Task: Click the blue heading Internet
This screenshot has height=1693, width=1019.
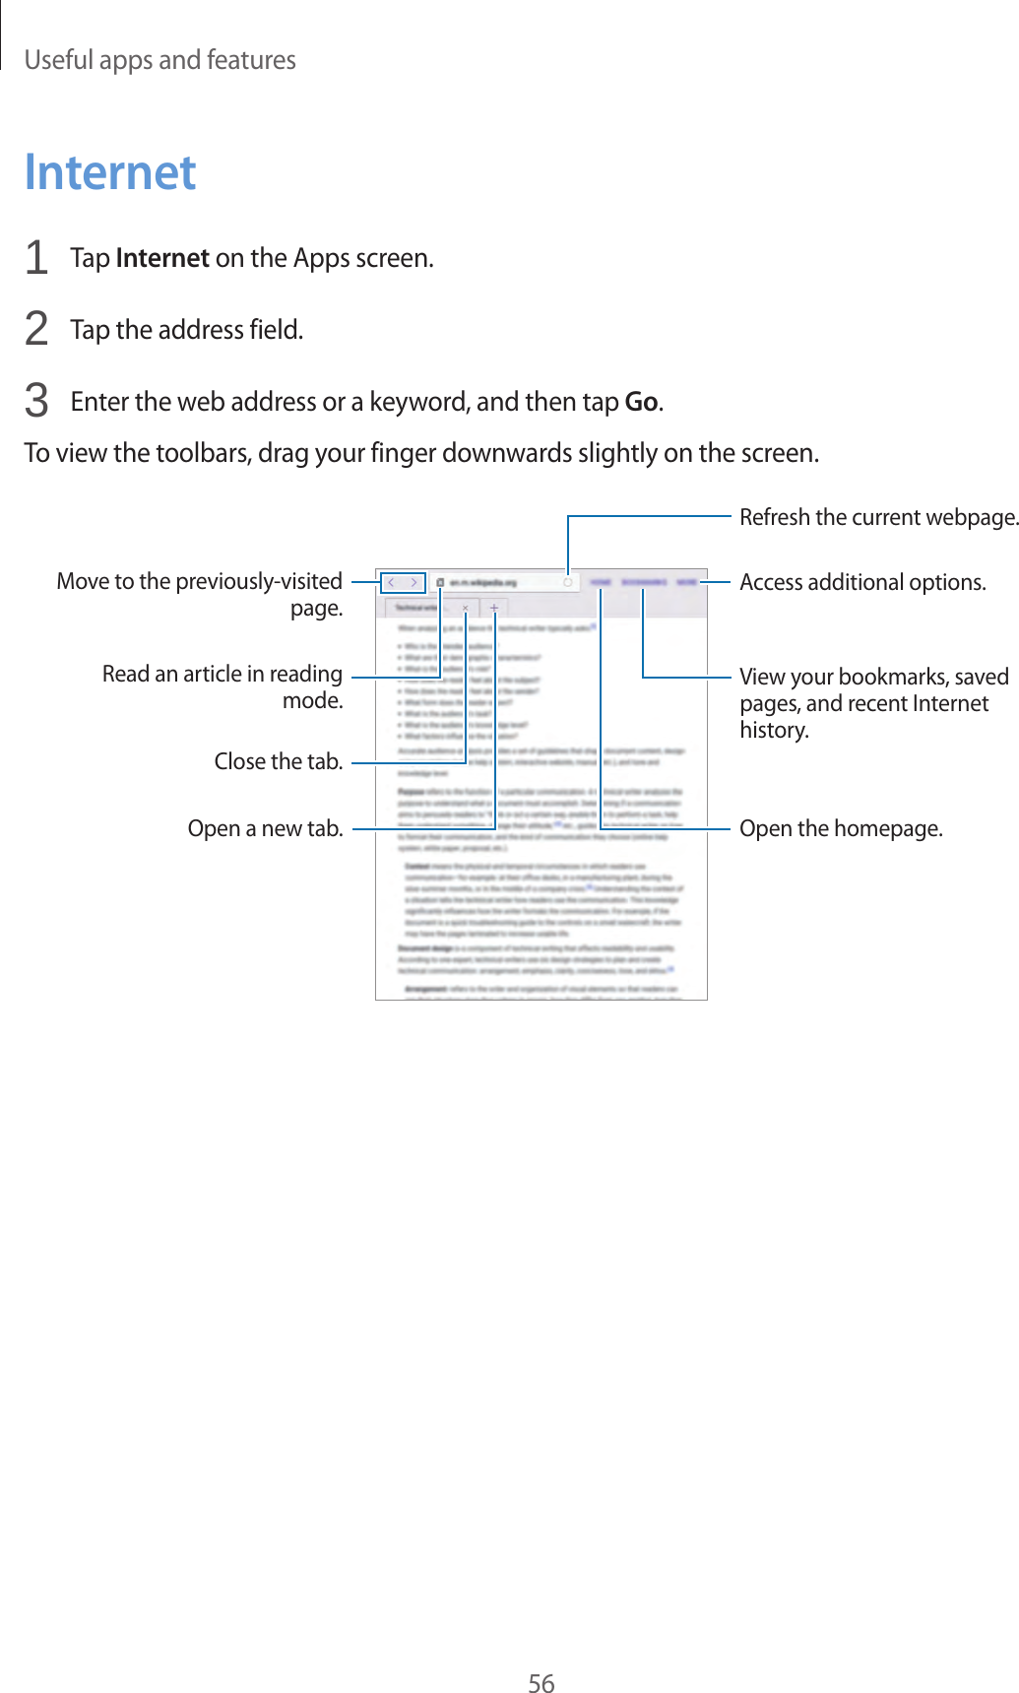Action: coord(110,172)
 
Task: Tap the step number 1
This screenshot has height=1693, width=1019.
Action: coord(36,258)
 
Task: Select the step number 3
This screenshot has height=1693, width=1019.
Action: coord(36,402)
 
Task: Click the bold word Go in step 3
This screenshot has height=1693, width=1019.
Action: coord(641,402)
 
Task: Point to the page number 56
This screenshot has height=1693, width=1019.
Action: coord(541,1683)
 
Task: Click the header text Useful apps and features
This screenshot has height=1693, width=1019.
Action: coord(159,60)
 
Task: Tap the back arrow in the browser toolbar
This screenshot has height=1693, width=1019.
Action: coord(392,583)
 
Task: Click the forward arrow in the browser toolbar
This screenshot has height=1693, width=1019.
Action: coord(414,583)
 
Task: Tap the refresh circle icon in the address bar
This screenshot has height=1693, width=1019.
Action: coord(568,583)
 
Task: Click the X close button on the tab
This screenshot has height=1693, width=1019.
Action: coord(466,608)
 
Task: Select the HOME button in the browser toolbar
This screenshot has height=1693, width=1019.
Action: coord(601,583)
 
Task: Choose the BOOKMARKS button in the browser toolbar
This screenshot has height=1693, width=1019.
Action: coord(644,583)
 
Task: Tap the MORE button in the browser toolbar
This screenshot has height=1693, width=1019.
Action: coord(686,583)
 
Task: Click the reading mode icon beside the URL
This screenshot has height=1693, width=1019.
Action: coord(440,583)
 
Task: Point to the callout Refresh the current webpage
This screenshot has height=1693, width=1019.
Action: coord(878,517)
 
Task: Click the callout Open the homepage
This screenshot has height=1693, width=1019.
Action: coord(841,828)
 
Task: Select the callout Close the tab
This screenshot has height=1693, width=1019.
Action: coord(279,761)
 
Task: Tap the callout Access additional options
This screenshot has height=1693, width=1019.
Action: coord(862,582)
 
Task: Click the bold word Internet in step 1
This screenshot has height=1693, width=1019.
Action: coord(162,258)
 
